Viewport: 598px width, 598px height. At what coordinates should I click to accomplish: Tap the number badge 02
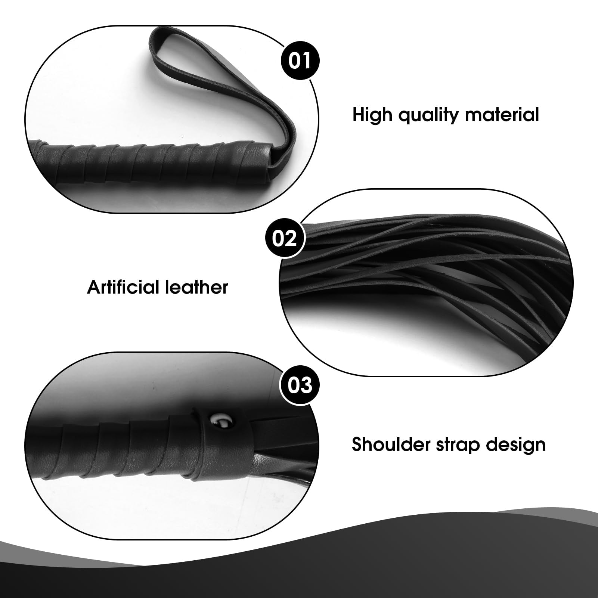pyautogui.click(x=285, y=239)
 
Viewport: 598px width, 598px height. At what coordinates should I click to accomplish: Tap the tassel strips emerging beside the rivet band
pyautogui.click(x=284, y=448)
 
